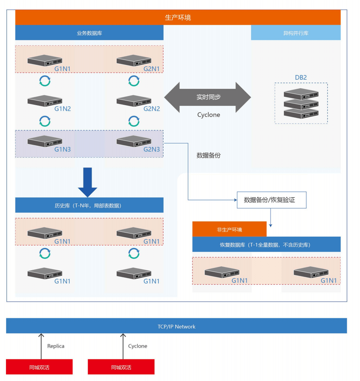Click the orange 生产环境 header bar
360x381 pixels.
coord(178,17)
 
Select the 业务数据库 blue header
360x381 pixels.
coord(89,33)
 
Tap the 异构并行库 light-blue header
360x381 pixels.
coord(296,33)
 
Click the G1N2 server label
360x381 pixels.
coord(63,109)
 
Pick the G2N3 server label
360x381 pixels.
coord(152,149)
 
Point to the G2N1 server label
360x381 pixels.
coord(152,69)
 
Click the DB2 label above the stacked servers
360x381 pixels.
coord(301,78)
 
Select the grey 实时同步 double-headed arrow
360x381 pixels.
coord(208,97)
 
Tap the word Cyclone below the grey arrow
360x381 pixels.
coord(209,115)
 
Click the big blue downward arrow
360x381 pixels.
coord(87,182)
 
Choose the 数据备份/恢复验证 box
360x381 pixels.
coord(271,200)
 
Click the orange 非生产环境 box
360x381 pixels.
coord(229,229)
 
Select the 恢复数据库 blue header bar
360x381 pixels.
coord(266,244)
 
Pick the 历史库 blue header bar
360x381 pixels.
coord(89,205)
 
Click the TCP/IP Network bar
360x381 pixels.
coord(176,326)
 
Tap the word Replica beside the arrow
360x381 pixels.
coord(56,346)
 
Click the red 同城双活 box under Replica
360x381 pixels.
coord(39,367)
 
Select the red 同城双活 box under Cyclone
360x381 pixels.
coord(121,367)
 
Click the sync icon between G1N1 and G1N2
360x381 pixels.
coord(45,81)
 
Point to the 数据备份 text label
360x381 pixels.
coord(209,155)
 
